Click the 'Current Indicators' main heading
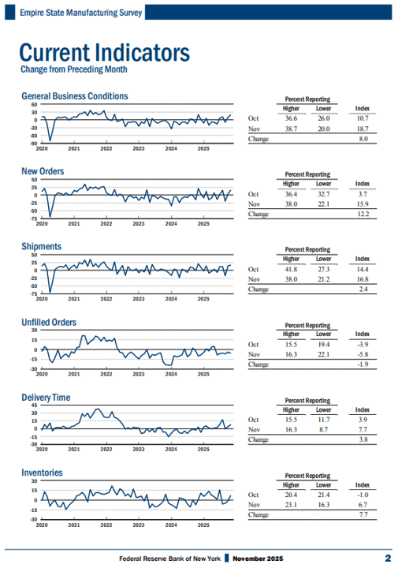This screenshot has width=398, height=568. point(105,53)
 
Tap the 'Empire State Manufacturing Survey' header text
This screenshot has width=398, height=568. point(80,13)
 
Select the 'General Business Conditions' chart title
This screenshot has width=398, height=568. point(75,96)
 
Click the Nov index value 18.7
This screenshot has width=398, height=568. point(363,129)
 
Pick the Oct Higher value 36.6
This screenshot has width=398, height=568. point(291,118)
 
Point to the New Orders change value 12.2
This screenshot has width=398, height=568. point(363,214)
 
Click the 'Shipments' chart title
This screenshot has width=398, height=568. point(41,246)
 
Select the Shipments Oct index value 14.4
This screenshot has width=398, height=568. point(363,269)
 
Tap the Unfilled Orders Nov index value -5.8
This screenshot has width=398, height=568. point(363,354)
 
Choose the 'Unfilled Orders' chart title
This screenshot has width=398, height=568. point(49,322)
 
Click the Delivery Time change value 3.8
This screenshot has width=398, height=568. point(363,439)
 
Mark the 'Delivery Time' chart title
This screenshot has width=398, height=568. point(46,398)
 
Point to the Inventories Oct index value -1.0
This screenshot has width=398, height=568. point(363,495)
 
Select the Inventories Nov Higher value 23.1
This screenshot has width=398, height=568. point(291,505)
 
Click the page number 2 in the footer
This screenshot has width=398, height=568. point(388,559)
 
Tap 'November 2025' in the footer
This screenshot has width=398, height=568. point(258,559)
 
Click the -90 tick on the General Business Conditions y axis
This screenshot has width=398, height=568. point(33,144)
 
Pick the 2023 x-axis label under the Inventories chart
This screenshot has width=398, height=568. point(139,525)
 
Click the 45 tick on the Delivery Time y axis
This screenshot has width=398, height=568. point(34,405)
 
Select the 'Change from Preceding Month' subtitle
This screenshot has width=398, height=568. point(74,69)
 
